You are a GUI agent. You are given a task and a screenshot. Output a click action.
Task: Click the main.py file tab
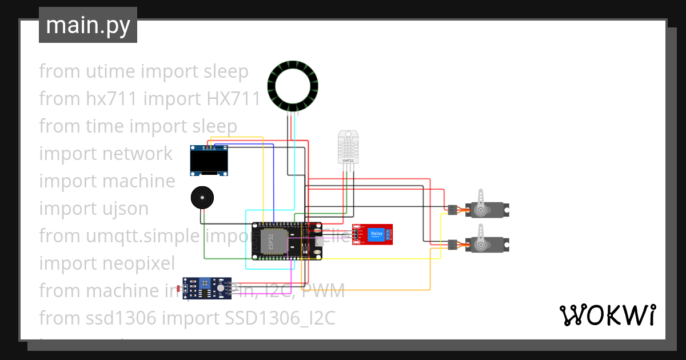[x=87, y=25]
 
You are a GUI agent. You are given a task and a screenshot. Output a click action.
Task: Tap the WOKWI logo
[x=607, y=315]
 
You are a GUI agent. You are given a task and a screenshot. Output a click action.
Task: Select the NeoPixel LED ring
[x=293, y=86]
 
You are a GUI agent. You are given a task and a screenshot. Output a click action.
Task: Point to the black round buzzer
[x=202, y=198]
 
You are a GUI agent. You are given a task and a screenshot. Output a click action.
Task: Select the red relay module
[x=375, y=234]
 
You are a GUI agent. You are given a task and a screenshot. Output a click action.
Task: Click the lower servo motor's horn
[x=481, y=237]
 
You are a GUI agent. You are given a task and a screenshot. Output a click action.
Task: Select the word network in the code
[x=137, y=154]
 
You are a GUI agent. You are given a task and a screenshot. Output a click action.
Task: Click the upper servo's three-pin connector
[x=452, y=210]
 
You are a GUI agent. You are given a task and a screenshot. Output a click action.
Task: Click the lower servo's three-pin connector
[x=452, y=245]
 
